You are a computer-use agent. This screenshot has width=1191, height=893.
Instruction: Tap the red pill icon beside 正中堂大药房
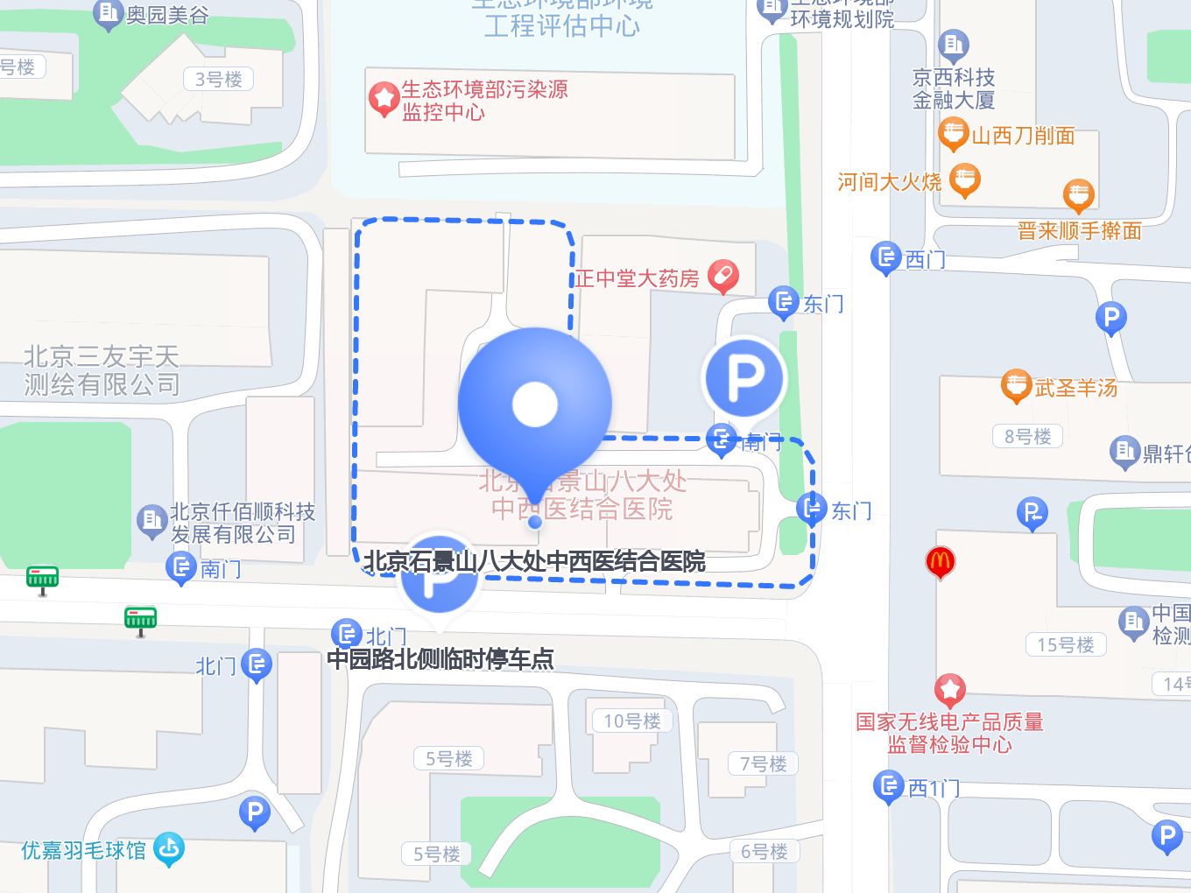pyautogui.click(x=723, y=277)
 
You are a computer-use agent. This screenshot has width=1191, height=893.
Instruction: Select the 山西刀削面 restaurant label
pyautogui.click(x=1023, y=136)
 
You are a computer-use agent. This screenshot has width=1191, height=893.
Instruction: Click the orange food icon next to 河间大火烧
pyautogui.click(x=964, y=179)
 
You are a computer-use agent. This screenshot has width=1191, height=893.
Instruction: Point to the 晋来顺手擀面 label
pyautogui.click(x=1080, y=231)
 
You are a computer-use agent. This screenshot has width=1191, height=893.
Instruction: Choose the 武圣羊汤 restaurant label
pyautogui.click(x=1075, y=387)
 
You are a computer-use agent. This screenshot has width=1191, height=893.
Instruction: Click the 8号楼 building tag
pyautogui.click(x=1027, y=436)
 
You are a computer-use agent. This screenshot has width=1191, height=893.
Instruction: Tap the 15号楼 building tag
pyautogui.click(x=1065, y=644)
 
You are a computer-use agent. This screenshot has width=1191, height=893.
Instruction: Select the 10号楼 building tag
pyautogui.click(x=631, y=721)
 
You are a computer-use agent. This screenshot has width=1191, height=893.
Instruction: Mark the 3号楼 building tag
pyautogui.click(x=218, y=79)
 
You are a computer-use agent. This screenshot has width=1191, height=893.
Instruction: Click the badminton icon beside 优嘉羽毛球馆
pyautogui.click(x=168, y=848)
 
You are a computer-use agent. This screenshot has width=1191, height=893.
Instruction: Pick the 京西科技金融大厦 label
pyautogui.click(x=954, y=88)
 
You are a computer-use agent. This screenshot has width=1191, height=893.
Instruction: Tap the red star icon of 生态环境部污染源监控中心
pyautogui.click(x=384, y=99)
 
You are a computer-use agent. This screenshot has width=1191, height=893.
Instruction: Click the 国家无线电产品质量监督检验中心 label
pyautogui.click(x=949, y=733)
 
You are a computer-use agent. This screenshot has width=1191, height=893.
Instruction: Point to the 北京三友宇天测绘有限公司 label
pyautogui.click(x=102, y=369)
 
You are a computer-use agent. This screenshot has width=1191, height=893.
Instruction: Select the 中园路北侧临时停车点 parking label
pyautogui.click(x=440, y=658)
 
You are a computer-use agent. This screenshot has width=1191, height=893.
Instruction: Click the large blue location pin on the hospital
pyautogui.click(x=534, y=404)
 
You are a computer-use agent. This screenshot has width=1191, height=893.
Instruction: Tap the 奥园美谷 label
pyautogui.click(x=166, y=15)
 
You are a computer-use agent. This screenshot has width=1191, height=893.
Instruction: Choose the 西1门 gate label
pyautogui.click(x=934, y=788)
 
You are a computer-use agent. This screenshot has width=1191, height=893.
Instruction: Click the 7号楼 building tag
pyautogui.click(x=763, y=763)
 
